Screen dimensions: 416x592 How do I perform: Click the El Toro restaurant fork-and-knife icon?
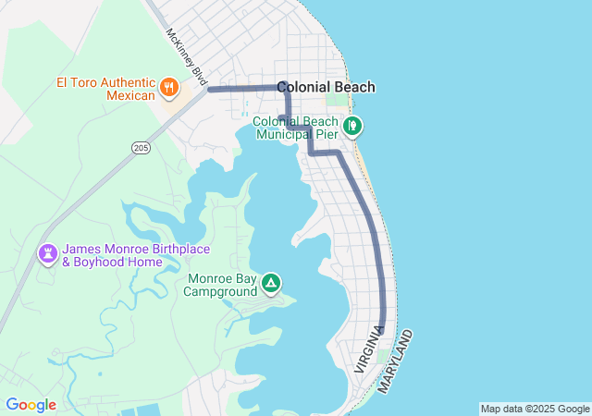[168, 88]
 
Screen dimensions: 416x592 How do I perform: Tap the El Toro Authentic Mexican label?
[105, 89]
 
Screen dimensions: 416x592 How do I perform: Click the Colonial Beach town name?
[326, 87]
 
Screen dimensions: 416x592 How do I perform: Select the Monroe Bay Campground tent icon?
[271, 283]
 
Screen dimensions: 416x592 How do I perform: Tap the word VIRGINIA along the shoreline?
[367, 349]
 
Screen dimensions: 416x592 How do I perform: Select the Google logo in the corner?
[31, 405]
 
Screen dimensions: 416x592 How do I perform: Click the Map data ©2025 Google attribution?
[535, 409]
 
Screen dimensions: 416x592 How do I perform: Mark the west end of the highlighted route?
[211, 90]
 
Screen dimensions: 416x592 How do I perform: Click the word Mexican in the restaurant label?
[130, 95]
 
